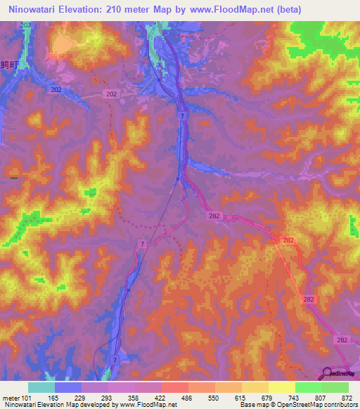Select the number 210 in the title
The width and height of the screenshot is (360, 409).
[x=125, y=10]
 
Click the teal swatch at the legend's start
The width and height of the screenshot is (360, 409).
[x=41, y=387]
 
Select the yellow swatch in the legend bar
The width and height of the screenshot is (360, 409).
[x=281, y=387]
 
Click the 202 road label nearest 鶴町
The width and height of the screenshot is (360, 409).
[x=56, y=90]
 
